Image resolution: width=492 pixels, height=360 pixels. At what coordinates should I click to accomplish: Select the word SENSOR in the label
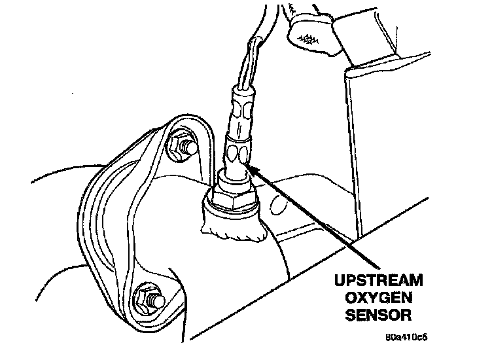(x=373, y=316)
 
